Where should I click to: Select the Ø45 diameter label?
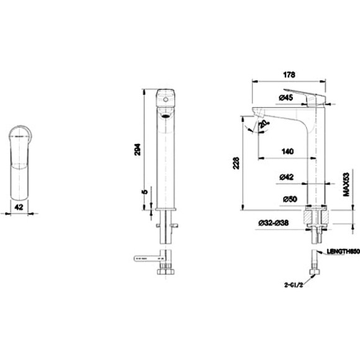click(x=286, y=97)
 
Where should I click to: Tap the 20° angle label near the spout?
click(x=264, y=124)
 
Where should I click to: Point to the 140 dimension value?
click(x=287, y=151)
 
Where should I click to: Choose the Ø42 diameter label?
click(x=287, y=177)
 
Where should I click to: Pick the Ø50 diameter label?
click(x=287, y=199)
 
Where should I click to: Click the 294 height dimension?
click(x=138, y=148)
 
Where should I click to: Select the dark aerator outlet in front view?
click(x=165, y=114)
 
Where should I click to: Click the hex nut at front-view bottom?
click(x=165, y=272)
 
